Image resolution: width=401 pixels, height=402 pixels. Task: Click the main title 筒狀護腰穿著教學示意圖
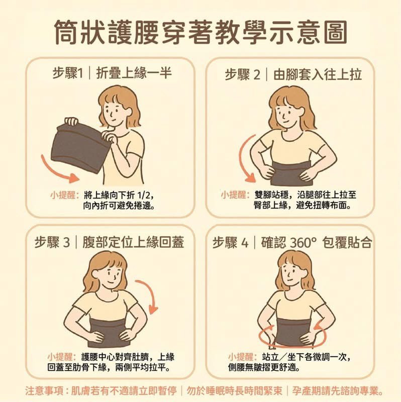click(201, 33)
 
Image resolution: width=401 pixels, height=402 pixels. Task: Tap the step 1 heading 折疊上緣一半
click(134, 73)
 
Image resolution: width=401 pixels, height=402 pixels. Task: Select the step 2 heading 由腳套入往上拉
click(318, 74)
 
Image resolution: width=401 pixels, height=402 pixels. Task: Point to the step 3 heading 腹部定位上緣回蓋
click(133, 242)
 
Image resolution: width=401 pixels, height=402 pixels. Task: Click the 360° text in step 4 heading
click(304, 243)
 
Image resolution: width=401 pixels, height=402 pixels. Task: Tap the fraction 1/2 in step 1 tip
click(143, 195)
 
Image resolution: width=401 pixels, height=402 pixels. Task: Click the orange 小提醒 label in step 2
click(235, 195)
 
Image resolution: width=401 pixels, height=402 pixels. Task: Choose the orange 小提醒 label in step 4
click(243, 357)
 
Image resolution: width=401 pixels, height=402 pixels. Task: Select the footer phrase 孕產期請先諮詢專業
click(335, 391)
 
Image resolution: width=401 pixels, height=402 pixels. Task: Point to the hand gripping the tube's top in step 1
click(71, 121)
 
